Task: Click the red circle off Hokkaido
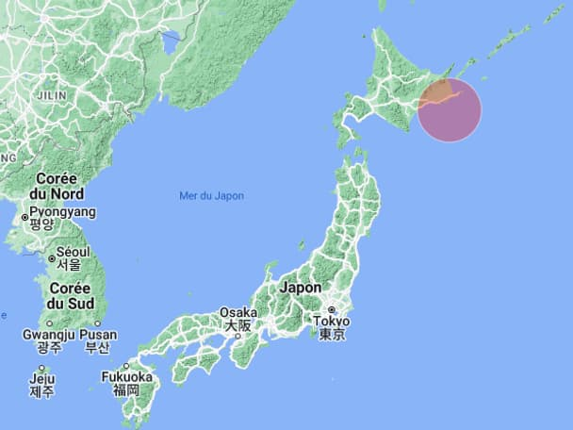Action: [450, 110]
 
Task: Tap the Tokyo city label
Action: [332, 321]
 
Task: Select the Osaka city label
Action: [237, 312]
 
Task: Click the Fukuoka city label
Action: [126, 376]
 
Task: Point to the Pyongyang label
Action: [62, 212]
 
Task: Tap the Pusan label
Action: [99, 334]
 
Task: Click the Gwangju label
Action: [48, 334]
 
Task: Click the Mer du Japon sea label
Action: [211, 196]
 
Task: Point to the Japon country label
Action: [301, 288]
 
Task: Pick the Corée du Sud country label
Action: [71, 295]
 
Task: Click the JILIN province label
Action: [51, 95]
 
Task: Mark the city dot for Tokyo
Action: [332, 309]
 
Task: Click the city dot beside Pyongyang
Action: [25, 218]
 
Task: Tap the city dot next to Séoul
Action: [52, 257]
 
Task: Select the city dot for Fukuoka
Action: [125, 365]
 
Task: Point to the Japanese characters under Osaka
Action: [237, 325]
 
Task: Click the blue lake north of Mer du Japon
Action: [171, 41]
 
